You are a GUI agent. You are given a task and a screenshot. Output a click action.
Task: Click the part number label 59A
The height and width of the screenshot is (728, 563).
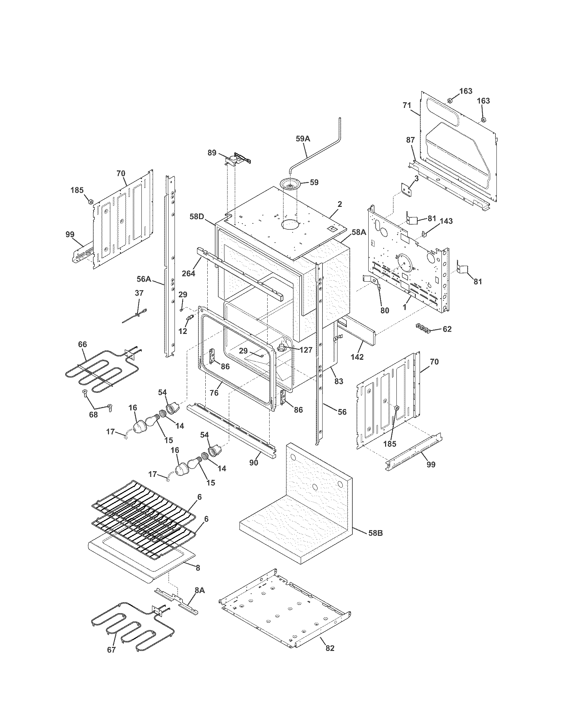pos(303,139)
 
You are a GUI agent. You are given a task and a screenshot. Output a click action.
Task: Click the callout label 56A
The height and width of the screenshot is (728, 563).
pos(144,279)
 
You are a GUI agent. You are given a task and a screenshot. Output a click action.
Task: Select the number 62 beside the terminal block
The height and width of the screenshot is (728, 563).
pos(447,329)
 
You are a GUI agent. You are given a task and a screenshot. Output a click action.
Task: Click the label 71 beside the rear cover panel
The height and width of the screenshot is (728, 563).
pos(407,106)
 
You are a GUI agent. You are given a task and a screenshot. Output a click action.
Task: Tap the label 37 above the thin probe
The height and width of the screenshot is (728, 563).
pos(139,293)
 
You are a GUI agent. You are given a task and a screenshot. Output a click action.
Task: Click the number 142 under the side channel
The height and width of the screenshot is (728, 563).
pos(357,356)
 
